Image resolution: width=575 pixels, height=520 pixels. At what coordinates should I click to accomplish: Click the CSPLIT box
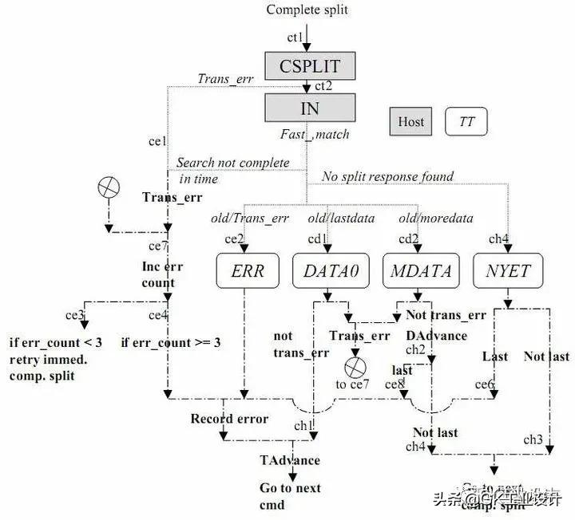pyautogui.click(x=308, y=65)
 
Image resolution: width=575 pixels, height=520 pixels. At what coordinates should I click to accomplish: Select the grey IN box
pyautogui.click(x=308, y=108)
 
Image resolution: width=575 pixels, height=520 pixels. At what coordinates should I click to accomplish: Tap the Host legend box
pyautogui.click(x=410, y=122)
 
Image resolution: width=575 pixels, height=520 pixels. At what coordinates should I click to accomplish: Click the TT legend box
pyautogui.click(x=466, y=122)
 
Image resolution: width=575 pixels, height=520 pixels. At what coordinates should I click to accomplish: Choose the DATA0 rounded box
pyautogui.click(x=331, y=271)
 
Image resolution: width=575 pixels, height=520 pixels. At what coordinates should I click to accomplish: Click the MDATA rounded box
pyautogui.click(x=421, y=271)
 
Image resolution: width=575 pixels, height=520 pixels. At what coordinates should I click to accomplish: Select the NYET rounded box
pyautogui.click(x=507, y=271)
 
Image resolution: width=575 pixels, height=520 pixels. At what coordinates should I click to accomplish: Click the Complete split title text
pyautogui.click(x=307, y=10)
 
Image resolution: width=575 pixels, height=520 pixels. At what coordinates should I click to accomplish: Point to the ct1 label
pyautogui.click(x=295, y=37)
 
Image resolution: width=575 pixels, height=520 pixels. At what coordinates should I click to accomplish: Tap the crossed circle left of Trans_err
pyautogui.click(x=107, y=188)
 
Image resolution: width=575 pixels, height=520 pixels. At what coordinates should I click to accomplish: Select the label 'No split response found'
pyautogui.click(x=387, y=177)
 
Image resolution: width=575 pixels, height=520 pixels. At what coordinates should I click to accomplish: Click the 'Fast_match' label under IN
pyautogui.click(x=315, y=134)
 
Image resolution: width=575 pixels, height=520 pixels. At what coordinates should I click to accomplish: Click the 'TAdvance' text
pyautogui.click(x=289, y=460)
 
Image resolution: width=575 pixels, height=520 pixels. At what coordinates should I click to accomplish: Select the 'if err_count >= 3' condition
pyautogui.click(x=170, y=342)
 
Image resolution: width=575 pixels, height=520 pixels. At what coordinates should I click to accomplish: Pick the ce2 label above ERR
pyautogui.click(x=234, y=238)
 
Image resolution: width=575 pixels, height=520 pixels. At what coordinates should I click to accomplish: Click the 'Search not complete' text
pyautogui.click(x=232, y=163)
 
